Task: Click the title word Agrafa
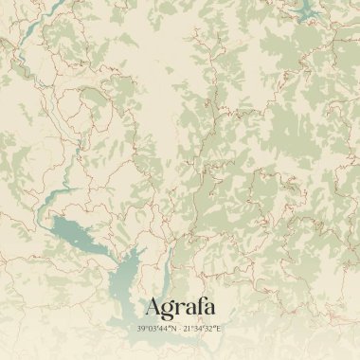pyautogui.click(x=180, y=307)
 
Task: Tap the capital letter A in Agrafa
pyautogui.click(x=153, y=307)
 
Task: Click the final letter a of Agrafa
pyautogui.click(x=208, y=309)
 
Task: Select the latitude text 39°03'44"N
pyautogui.click(x=156, y=328)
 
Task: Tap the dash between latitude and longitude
pyautogui.click(x=180, y=328)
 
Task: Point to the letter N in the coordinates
pyautogui.click(x=173, y=328)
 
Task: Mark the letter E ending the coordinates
pyautogui.click(x=221, y=328)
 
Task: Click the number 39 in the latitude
pyautogui.click(x=142, y=328)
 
